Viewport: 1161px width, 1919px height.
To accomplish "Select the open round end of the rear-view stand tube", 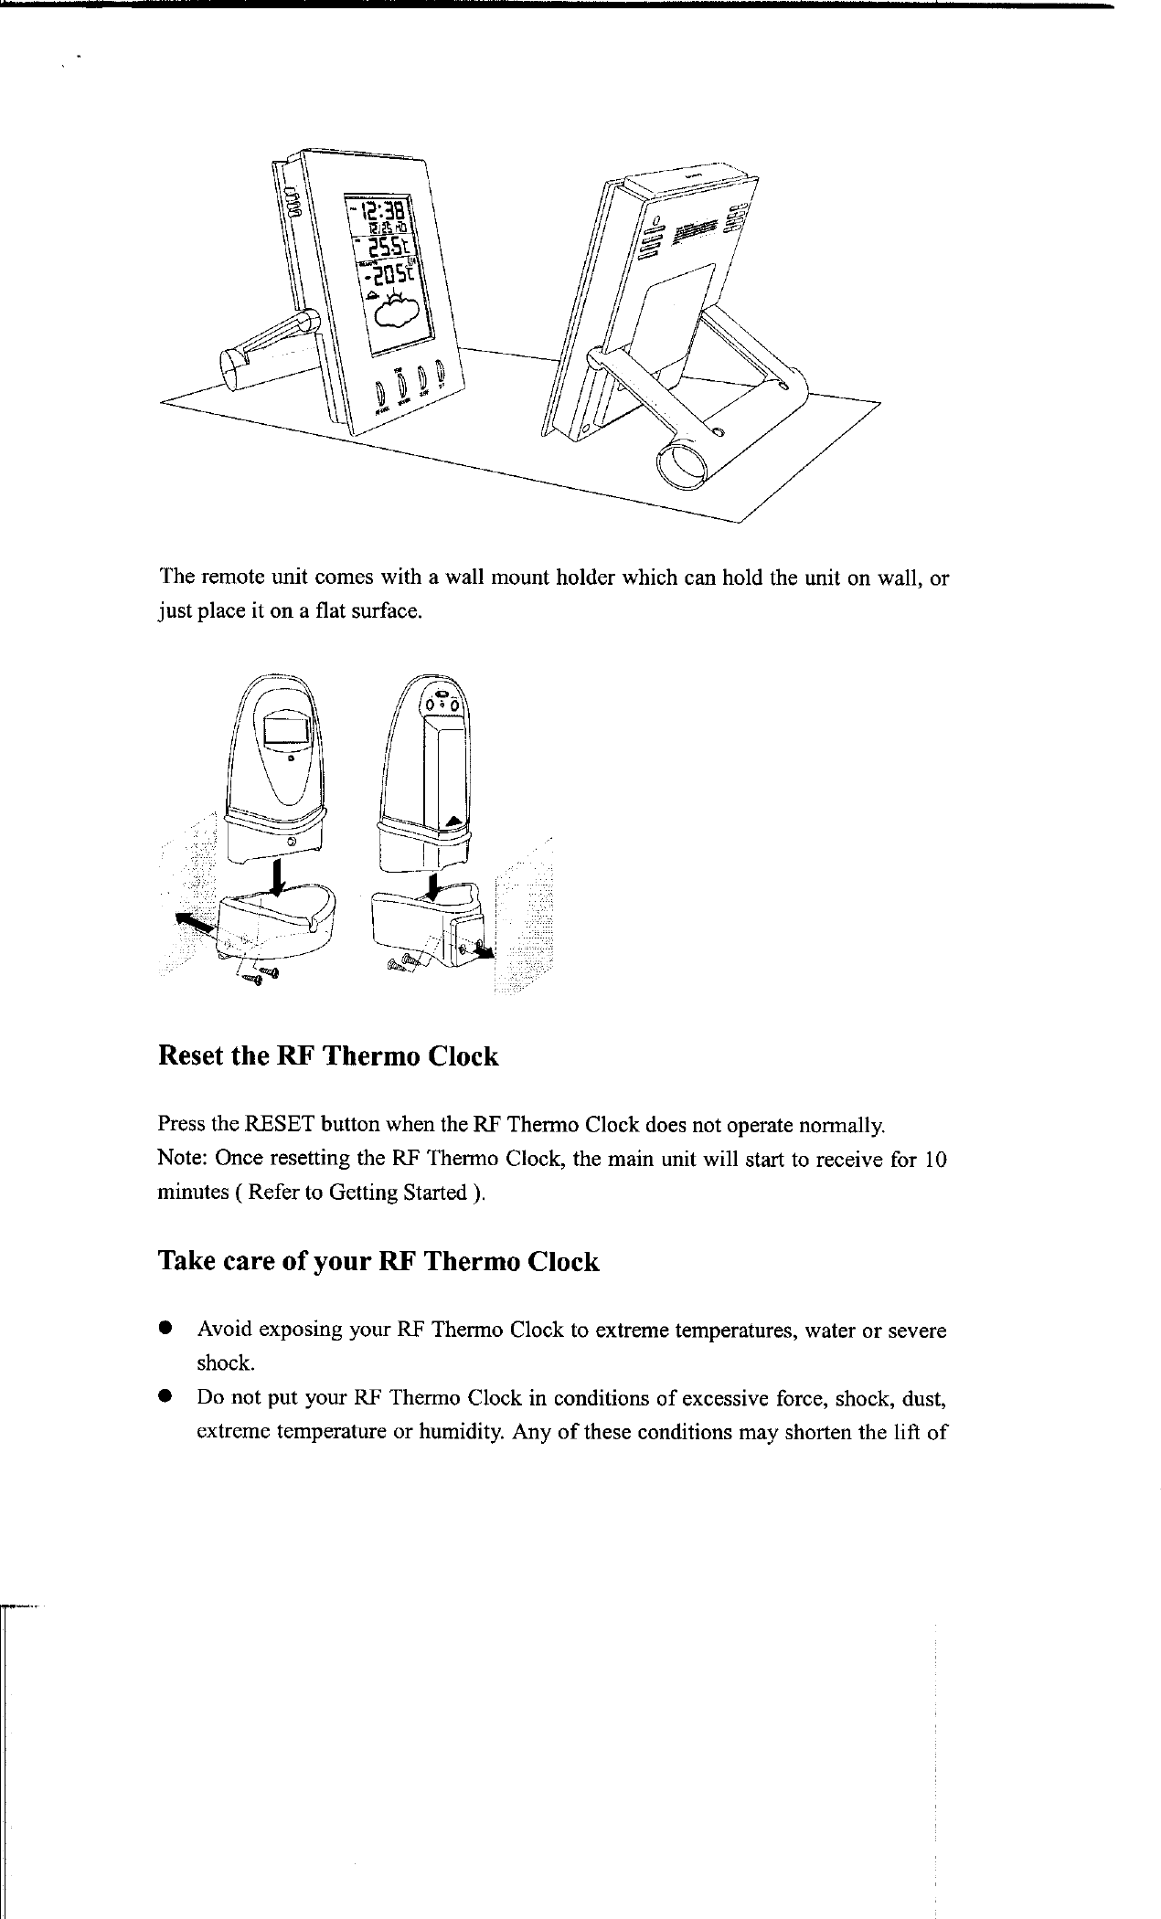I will pos(683,467).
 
